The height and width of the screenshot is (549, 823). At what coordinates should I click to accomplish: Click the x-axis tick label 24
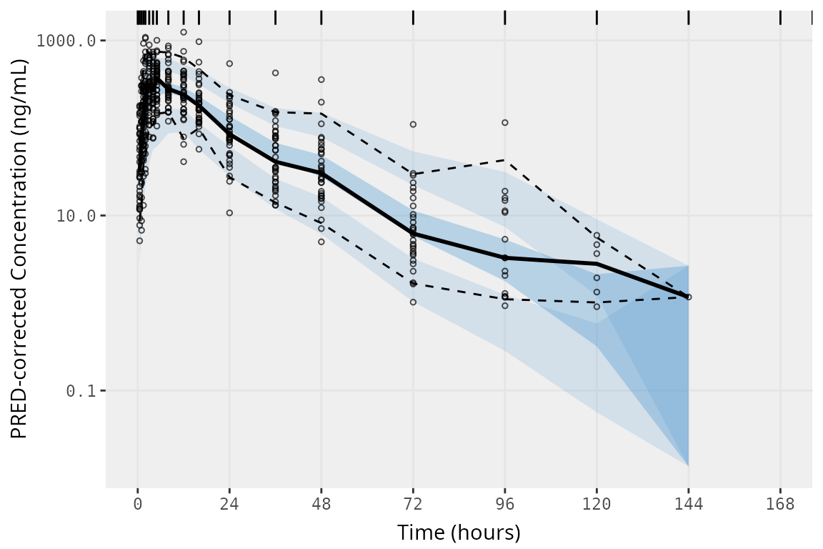pos(229,505)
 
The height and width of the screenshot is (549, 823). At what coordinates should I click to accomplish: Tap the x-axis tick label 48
pos(321,505)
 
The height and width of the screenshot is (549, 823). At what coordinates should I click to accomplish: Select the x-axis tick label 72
pos(413,505)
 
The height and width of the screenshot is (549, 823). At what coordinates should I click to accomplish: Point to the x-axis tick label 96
pos(505,505)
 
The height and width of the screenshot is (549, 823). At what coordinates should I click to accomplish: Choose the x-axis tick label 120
pos(597,505)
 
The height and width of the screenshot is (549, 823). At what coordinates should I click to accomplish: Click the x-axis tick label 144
pos(689,505)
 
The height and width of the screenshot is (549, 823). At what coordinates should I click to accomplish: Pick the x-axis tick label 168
pos(780,505)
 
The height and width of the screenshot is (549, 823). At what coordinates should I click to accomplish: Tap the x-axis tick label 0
pos(138,505)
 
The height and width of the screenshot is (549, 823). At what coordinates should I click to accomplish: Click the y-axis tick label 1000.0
pos(66,41)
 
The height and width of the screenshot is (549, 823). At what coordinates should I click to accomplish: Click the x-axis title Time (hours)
pos(459,533)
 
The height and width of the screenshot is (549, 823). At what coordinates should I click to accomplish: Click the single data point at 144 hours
pos(689,297)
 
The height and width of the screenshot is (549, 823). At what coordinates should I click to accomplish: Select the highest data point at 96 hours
pos(505,123)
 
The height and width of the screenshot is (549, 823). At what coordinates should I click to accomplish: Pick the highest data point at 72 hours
pos(413,124)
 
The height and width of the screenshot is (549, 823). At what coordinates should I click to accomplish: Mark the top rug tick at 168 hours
pos(780,17)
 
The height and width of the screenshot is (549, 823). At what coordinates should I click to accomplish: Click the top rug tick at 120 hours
pos(597,17)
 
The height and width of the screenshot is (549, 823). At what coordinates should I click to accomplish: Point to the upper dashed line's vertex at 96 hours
pos(505,159)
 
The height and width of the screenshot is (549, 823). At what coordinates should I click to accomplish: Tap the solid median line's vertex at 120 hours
pos(597,264)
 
